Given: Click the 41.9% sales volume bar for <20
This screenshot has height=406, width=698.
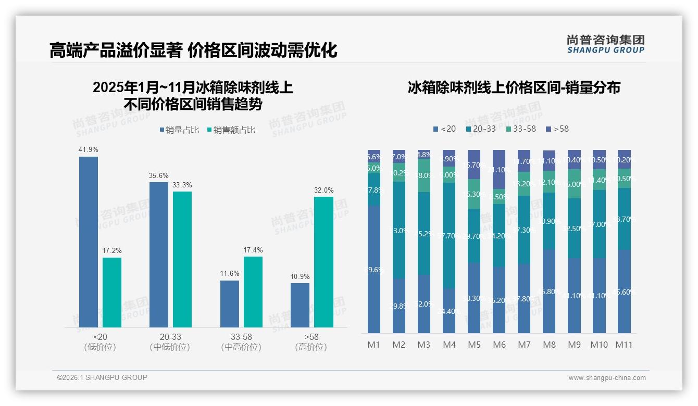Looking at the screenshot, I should [89, 242].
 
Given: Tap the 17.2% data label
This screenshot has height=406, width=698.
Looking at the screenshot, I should [112, 251].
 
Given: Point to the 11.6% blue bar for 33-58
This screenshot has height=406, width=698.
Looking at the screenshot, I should [230, 304].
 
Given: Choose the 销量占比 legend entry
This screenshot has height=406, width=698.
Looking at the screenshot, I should [179, 130].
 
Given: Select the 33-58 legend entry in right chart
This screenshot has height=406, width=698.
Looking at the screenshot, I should [520, 129].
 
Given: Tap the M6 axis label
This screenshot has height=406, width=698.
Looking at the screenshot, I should [499, 345].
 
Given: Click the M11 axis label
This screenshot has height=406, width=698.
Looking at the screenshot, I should [624, 345].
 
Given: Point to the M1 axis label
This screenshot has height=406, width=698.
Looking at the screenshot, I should [374, 345].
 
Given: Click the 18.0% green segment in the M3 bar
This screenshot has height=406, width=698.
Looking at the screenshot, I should [424, 175].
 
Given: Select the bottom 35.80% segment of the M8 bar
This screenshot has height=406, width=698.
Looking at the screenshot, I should [549, 291].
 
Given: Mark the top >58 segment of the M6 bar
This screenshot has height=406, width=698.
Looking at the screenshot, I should [499, 169].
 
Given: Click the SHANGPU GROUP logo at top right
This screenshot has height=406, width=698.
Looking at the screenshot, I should [606, 44].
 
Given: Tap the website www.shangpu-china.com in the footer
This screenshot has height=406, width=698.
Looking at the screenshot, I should [607, 378].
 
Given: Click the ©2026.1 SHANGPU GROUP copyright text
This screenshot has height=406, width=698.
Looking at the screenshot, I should [102, 377].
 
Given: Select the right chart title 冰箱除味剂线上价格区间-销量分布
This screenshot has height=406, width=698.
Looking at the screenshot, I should [514, 87].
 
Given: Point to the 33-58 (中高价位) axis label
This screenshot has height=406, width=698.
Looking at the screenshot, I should [241, 342].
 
